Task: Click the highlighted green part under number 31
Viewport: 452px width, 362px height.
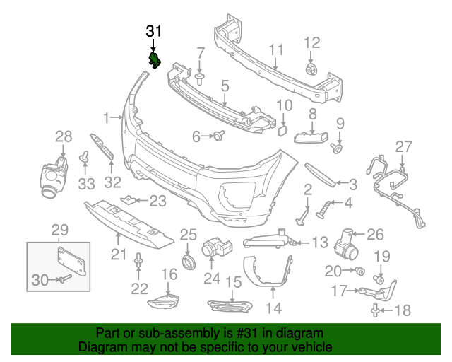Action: pos(154,60)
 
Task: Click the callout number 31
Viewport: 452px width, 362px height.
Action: pos(153,31)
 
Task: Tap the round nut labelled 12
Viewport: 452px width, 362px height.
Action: pos(311,69)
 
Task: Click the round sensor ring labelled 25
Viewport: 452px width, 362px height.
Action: pos(188,264)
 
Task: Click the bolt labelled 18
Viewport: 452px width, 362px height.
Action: pos(375,309)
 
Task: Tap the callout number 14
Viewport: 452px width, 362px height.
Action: pos(273,308)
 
